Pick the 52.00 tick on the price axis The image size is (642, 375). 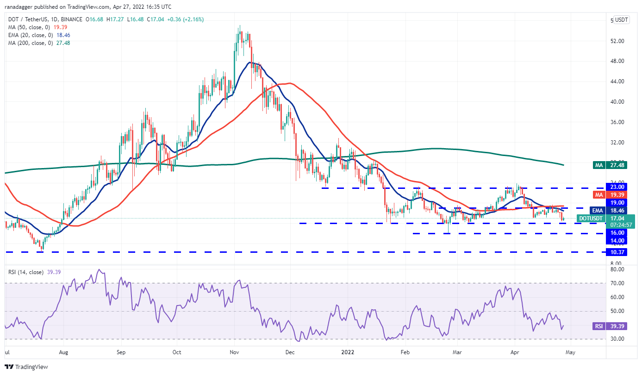click(618, 41)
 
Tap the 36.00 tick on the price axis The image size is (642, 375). click(618, 122)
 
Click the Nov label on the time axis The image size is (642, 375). click(234, 352)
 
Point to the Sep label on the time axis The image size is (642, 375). click(121, 352)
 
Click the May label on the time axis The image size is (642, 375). click(570, 352)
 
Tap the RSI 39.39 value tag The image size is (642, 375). click(618, 326)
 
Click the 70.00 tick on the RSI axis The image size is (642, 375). click(618, 283)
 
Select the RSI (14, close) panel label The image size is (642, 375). click(26, 272)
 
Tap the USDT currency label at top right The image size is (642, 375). click(621, 20)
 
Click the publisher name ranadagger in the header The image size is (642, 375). click(20, 7)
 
